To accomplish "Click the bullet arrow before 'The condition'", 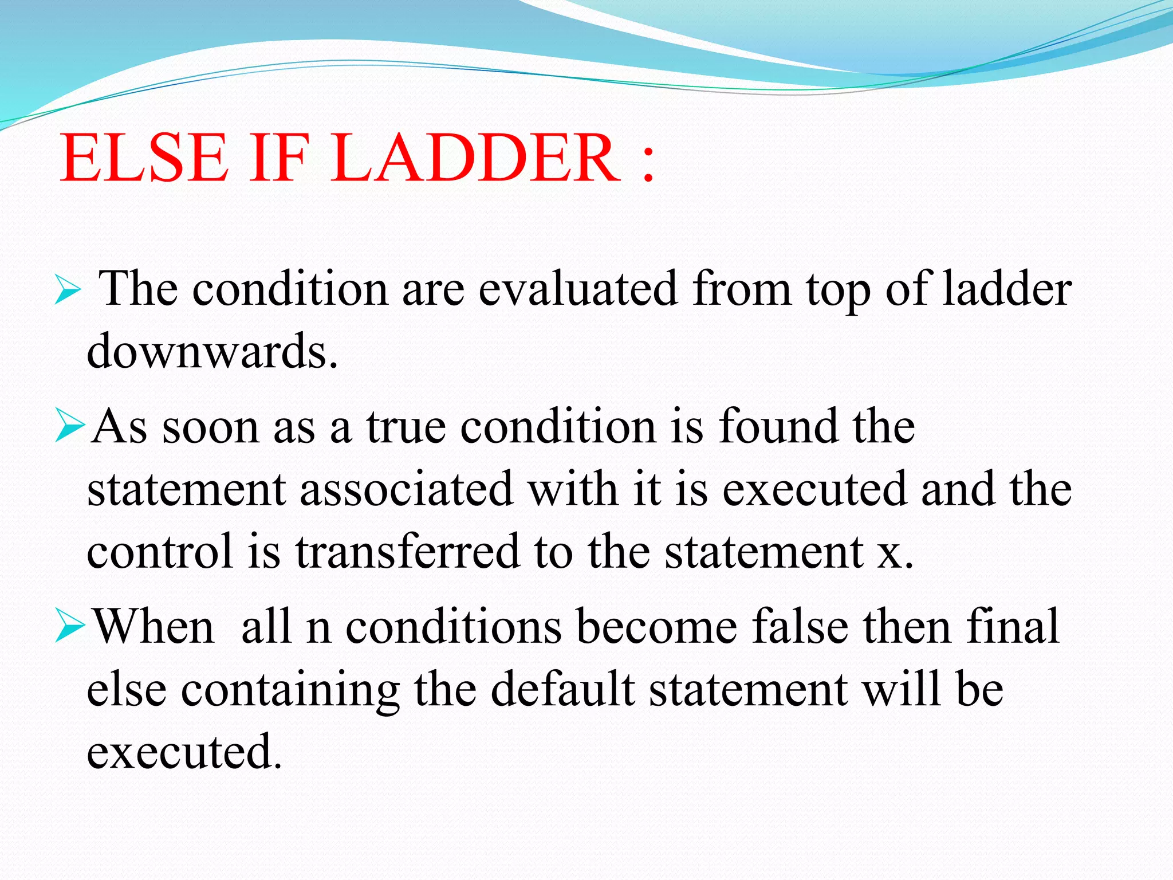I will (68, 290).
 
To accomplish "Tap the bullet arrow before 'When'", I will (70, 628).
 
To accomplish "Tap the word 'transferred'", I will (407, 551).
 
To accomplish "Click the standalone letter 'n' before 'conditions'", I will (318, 629).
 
